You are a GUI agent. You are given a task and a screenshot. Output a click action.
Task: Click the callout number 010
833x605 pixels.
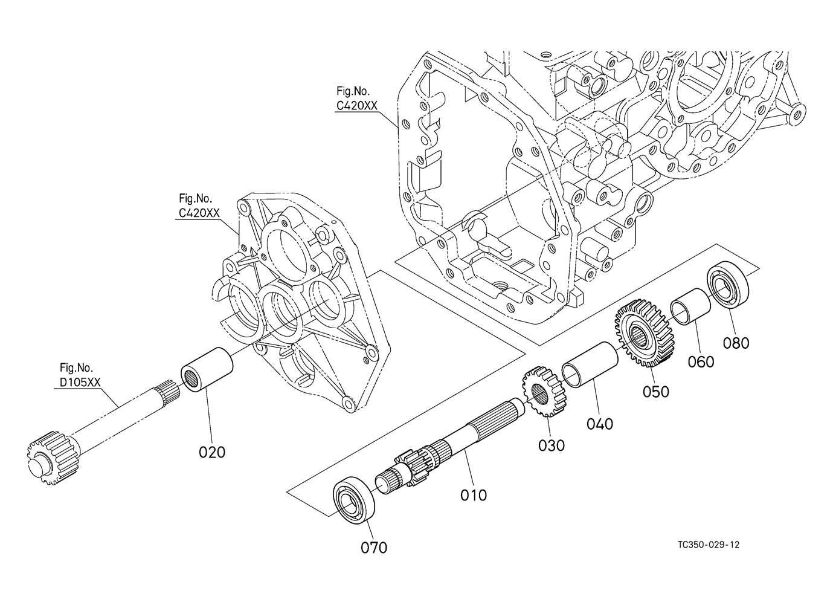coord(474,495)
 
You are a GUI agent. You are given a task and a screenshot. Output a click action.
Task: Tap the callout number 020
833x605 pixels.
coord(212,453)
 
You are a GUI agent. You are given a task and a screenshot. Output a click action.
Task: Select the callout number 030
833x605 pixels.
coord(552,445)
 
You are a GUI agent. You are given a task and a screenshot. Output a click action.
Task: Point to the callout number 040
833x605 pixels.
coord(600,424)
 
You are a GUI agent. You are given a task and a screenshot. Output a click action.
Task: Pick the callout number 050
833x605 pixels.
coord(655,392)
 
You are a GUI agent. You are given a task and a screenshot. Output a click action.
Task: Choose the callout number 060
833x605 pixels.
coord(701,361)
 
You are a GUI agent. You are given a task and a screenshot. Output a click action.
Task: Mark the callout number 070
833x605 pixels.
coord(374,548)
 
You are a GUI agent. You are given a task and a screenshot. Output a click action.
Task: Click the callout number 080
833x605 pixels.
coord(736,343)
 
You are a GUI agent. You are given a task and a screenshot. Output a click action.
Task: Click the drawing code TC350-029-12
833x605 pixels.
coord(709,545)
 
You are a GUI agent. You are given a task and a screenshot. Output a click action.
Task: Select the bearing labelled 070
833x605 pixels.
coord(353,497)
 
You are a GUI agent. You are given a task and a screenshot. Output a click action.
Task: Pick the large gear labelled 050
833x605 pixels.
coord(645,332)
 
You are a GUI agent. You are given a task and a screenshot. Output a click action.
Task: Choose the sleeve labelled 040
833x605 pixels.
coord(590,365)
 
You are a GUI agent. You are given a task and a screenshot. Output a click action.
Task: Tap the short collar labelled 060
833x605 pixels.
coord(690,307)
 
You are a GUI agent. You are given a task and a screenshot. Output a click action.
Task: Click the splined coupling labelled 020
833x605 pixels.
coord(207,369)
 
